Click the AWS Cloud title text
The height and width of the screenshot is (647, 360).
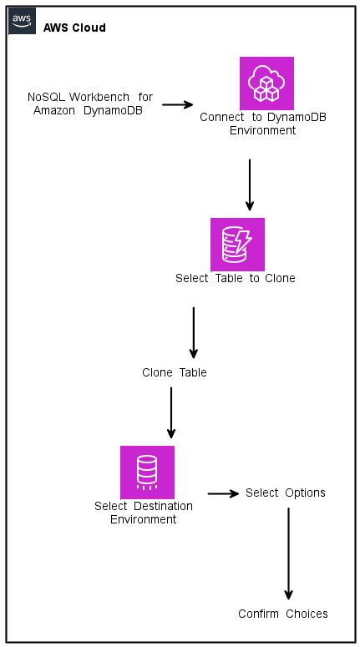tap(74, 28)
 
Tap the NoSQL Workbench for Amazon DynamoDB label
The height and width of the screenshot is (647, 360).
tap(90, 104)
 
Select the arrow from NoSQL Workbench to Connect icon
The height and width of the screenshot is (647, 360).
tap(177, 105)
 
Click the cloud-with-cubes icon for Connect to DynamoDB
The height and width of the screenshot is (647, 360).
tap(266, 83)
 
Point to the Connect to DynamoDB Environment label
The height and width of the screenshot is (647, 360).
tap(262, 124)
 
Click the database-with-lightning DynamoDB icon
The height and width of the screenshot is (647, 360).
tap(237, 245)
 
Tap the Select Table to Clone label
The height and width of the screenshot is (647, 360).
tap(235, 278)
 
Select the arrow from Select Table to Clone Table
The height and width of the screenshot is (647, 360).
tap(193, 331)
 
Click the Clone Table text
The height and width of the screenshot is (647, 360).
tap(174, 372)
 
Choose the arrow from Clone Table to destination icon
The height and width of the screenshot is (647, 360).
tap(171, 411)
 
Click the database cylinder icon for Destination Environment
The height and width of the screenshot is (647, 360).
tap(147, 473)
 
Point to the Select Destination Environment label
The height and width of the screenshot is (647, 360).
tap(144, 513)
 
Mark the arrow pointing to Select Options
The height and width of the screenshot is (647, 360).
tap(223, 493)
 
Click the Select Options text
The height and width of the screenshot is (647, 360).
tap(285, 493)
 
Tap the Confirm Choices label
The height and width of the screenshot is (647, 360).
tap(282, 614)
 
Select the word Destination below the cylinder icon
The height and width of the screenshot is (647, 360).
tap(162, 507)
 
